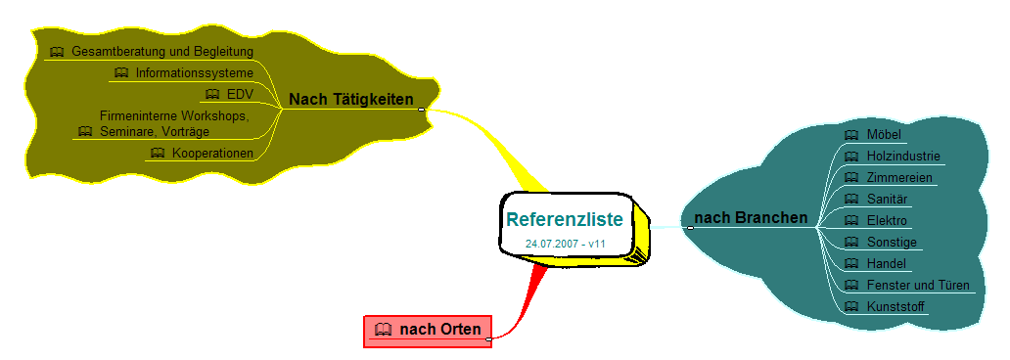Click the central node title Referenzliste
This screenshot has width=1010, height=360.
pyautogui.click(x=565, y=219)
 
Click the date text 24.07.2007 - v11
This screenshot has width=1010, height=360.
pyautogui.click(x=565, y=245)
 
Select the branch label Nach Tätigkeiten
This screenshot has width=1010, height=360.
pyautogui.click(x=351, y=99)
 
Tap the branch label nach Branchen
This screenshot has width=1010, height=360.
pyautogui.click(x=751, y=218)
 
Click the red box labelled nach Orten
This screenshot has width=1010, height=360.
pyautogui.click(x=428, y=331)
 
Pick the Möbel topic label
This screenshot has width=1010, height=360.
pyautogui.click(x=884, y=135)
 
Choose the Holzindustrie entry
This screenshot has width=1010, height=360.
pyautogui.click(x=903, y=156)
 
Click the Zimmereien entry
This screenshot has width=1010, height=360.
pyautogui.click(x=899, y=178)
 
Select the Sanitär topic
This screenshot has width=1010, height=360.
pyautogui.click(x=887, y=199)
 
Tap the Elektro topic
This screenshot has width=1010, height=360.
pyautogui.click(x=887, y=221)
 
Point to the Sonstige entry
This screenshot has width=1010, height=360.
pyautogui.click(x=892, y=243)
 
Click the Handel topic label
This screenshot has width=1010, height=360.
pyautogui.click(x=887, y=263)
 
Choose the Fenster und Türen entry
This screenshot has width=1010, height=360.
pyautogui.click(x=918, y=286)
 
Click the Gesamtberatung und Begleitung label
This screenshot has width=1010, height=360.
pyautogui.click(x=162, y=51)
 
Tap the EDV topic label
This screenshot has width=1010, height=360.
pyautogui.click(x=240, y=95)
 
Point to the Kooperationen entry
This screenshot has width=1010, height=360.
pyautogui.click(x=212, y=154)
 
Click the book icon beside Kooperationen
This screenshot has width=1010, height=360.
pyautogui.click(x=158, y=154)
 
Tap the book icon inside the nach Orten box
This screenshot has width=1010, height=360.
pyautogui.click(x=384, y=330)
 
